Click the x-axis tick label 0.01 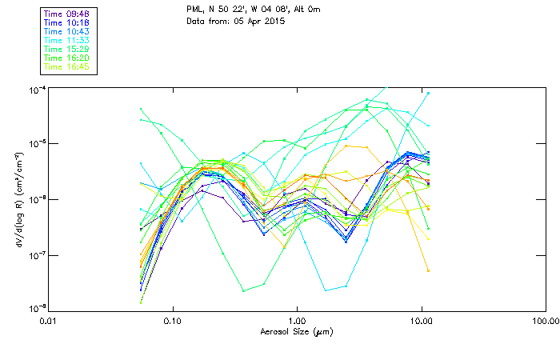[x=50, y=321]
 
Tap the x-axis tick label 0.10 [x=174, y=321]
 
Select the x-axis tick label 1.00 [x=298, y=321]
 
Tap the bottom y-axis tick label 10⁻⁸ [x=35, y=308]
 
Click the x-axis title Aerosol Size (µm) [x=297, y=331]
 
